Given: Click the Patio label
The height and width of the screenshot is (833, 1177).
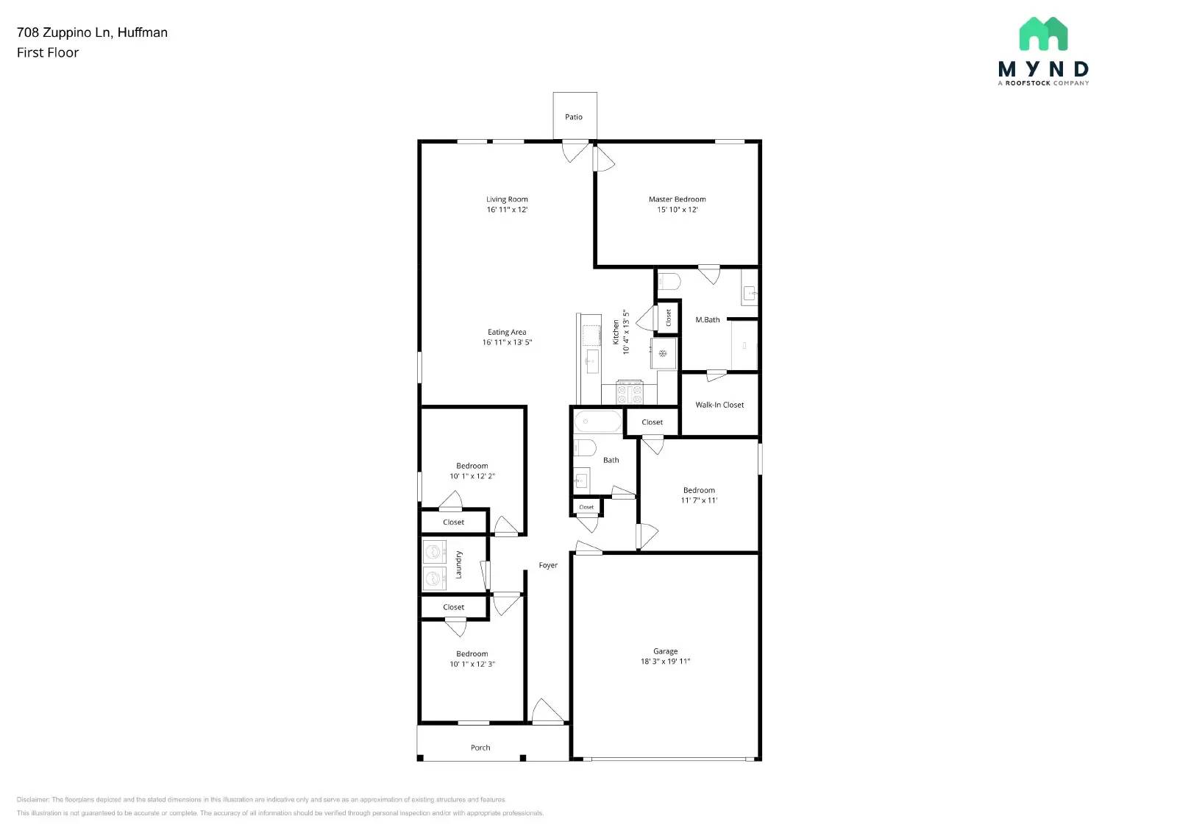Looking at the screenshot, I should click(574, 117).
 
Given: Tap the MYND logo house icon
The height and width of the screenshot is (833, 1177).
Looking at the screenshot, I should click(1043, 35).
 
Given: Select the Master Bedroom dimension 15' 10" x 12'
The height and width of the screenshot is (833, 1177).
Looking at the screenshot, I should click(677, 210).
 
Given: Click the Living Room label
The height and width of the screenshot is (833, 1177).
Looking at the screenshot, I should click(507, 199).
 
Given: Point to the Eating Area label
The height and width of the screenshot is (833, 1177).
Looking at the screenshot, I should click(507, 333).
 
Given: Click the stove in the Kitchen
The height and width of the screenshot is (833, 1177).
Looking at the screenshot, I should click(630, 393).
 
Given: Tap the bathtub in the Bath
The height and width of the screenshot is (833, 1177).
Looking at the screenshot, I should click(597, 422).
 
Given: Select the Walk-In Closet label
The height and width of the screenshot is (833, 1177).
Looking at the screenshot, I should click(719, 405).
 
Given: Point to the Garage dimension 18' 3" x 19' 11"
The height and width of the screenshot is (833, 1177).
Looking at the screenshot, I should click(665, 662).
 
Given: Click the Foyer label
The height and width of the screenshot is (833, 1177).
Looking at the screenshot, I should click(548, 565).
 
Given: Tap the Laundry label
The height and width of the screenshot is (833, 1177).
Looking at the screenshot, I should click(458, 564).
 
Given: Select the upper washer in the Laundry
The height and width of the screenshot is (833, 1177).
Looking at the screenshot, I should click(435, 552).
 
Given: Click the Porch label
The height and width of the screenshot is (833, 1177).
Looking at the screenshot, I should click(480, 748).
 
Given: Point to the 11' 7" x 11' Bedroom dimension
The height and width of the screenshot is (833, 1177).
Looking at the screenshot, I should click(699, 500).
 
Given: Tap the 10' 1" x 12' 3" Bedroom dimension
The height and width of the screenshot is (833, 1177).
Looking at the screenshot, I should click(472, 664).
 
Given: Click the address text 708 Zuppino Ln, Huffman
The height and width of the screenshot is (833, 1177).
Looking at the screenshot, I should click(92, 32).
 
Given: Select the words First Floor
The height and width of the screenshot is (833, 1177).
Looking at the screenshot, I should click(48, 53).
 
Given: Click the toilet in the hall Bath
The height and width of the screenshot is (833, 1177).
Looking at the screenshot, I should click(585, 447).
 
